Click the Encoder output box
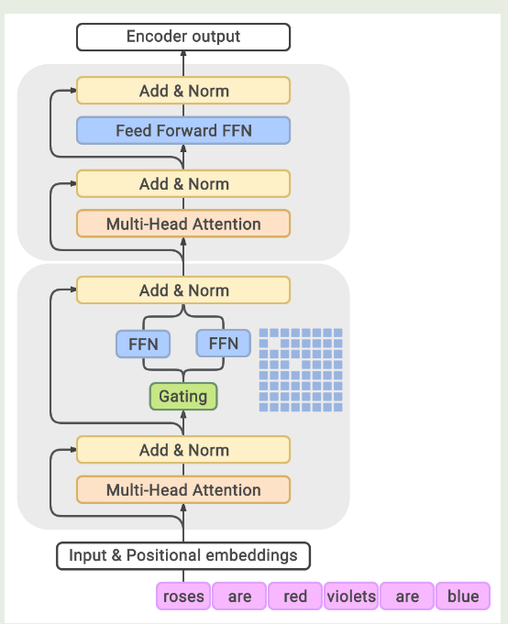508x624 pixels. click(182, 37)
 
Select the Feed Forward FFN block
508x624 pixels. click(182, 131)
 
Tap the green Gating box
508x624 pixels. click(183, 397)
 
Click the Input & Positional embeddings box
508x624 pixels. click(183, 555)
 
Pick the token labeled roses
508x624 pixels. click(183, 597)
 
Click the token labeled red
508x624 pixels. click(295, 597)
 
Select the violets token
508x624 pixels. click(351, 597)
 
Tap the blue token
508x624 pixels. click(463, 597)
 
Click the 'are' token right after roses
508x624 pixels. click(239, 597)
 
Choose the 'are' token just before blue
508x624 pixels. click(407, 597)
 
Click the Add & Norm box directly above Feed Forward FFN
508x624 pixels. click(182, 91)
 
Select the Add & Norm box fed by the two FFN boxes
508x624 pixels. click(182, 290)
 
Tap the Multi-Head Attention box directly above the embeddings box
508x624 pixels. click(182, 490)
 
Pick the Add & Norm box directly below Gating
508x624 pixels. click(182, 450)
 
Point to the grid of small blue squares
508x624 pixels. click(300, 369)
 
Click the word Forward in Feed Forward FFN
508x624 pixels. click(187, 131)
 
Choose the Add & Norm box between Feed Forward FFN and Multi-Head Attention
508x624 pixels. click(182, 184)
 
